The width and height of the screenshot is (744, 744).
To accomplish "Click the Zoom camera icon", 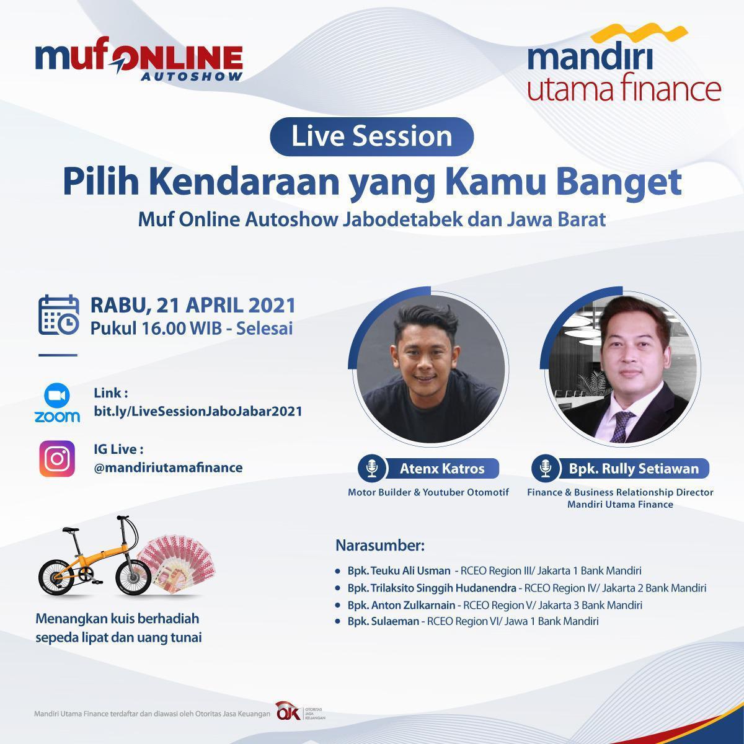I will (x=57, y=395).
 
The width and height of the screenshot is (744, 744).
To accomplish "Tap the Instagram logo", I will (x=57, y=459).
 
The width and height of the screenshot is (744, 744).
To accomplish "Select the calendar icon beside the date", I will (x=58, y=315).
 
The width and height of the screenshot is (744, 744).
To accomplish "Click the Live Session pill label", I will (x=371, y=136).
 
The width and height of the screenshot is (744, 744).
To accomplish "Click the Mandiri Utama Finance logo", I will (x=624, y=64).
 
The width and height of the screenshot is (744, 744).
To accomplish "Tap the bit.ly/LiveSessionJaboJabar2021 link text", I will (x=198, y=411).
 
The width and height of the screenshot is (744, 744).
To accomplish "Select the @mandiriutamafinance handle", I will (x=168, y=467).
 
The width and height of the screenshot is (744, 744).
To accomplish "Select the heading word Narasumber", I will (x=379, y=546).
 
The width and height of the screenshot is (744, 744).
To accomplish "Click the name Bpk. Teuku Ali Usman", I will (x=399, y=570).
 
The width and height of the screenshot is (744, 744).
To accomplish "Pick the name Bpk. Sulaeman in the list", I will (x=383, y=621).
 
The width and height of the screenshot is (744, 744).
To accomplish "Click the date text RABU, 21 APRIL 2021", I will (x=193, y=306).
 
